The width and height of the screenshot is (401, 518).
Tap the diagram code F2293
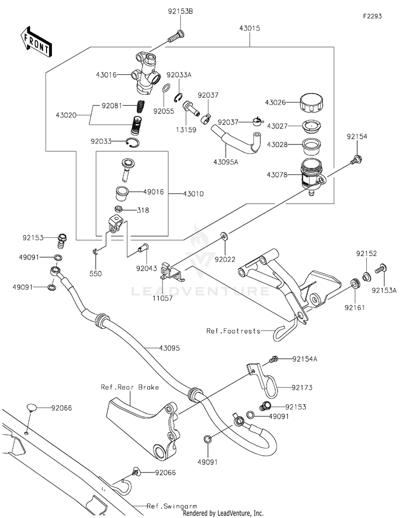[373, 17]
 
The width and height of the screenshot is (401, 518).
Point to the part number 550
[96, 273]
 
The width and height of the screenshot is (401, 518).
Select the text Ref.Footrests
[233, 331]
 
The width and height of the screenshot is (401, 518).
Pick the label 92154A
[305, 359]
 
